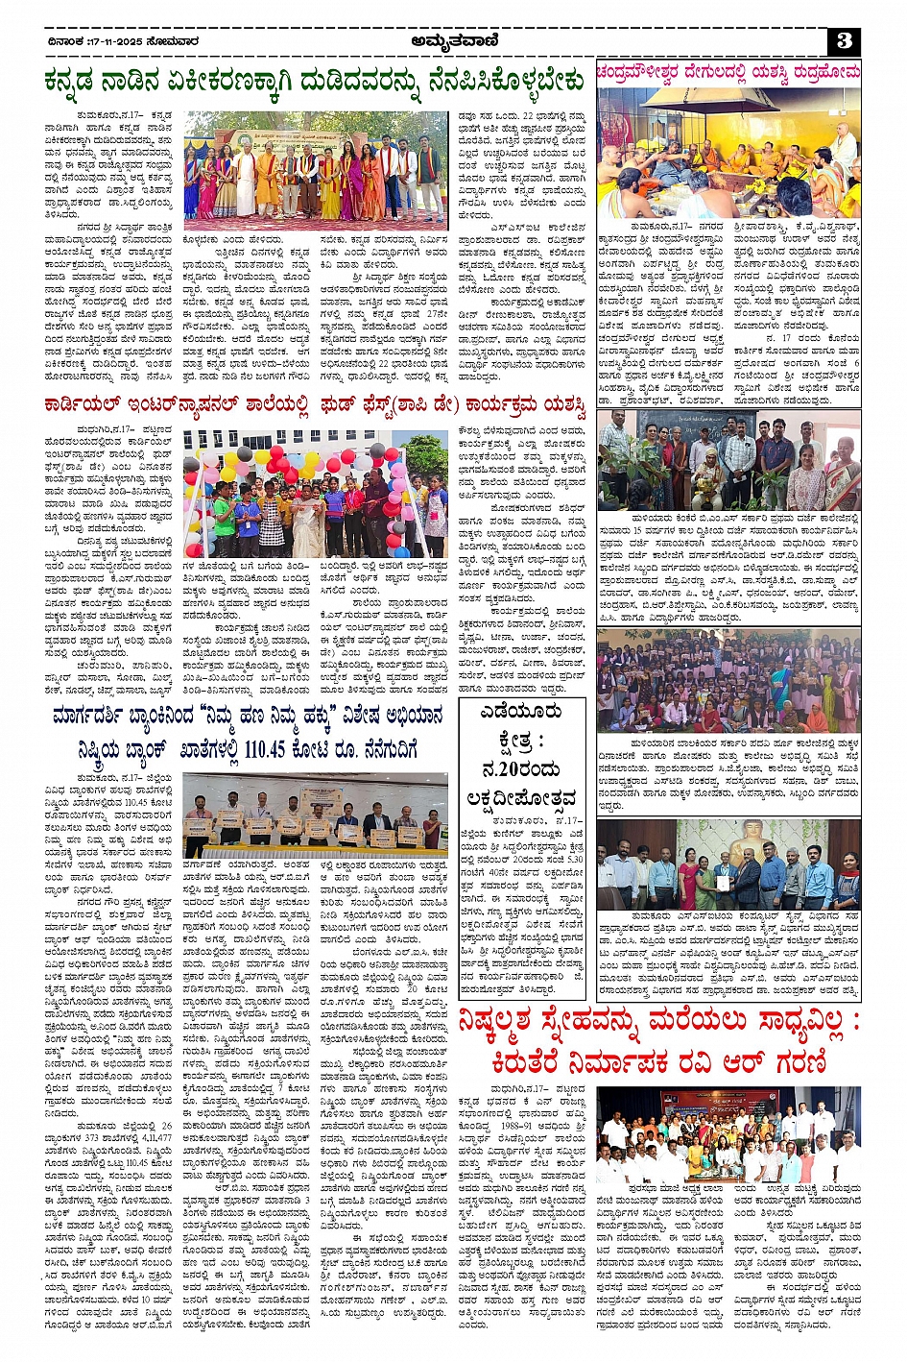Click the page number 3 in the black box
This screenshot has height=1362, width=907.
(844, 40)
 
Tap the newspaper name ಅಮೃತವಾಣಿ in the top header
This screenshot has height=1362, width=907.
(454, 39)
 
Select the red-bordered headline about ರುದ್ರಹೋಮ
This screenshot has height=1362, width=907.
(728, 72)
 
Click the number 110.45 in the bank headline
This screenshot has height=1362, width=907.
(273, 749)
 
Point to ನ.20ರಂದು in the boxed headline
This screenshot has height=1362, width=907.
(522, 768)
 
